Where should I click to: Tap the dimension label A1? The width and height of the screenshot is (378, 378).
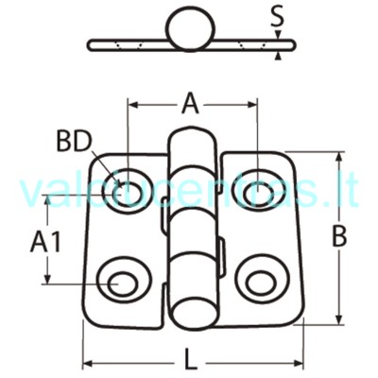tap(45, 242)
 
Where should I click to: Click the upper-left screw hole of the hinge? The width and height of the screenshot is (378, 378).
tap(128, 192)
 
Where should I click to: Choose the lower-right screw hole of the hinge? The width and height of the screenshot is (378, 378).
tap(263, 282)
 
